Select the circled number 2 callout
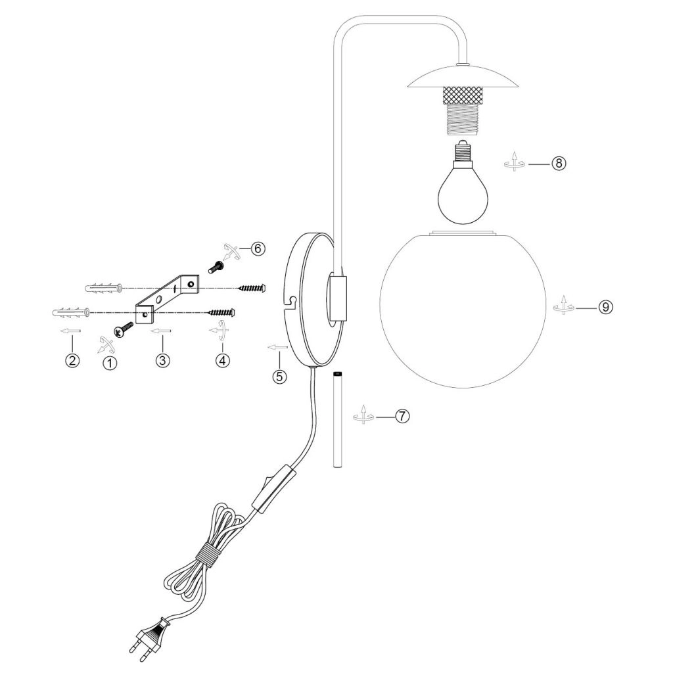(x=72, y=360)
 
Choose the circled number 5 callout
(x=280, y=377)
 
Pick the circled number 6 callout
(x=257, y=248)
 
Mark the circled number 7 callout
(x=402, y=416)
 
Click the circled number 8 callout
(x=557, y=164)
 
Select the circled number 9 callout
(x=605, y=307)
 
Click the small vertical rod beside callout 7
(x=337, y=420)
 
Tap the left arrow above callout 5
(x=277, y=346)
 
